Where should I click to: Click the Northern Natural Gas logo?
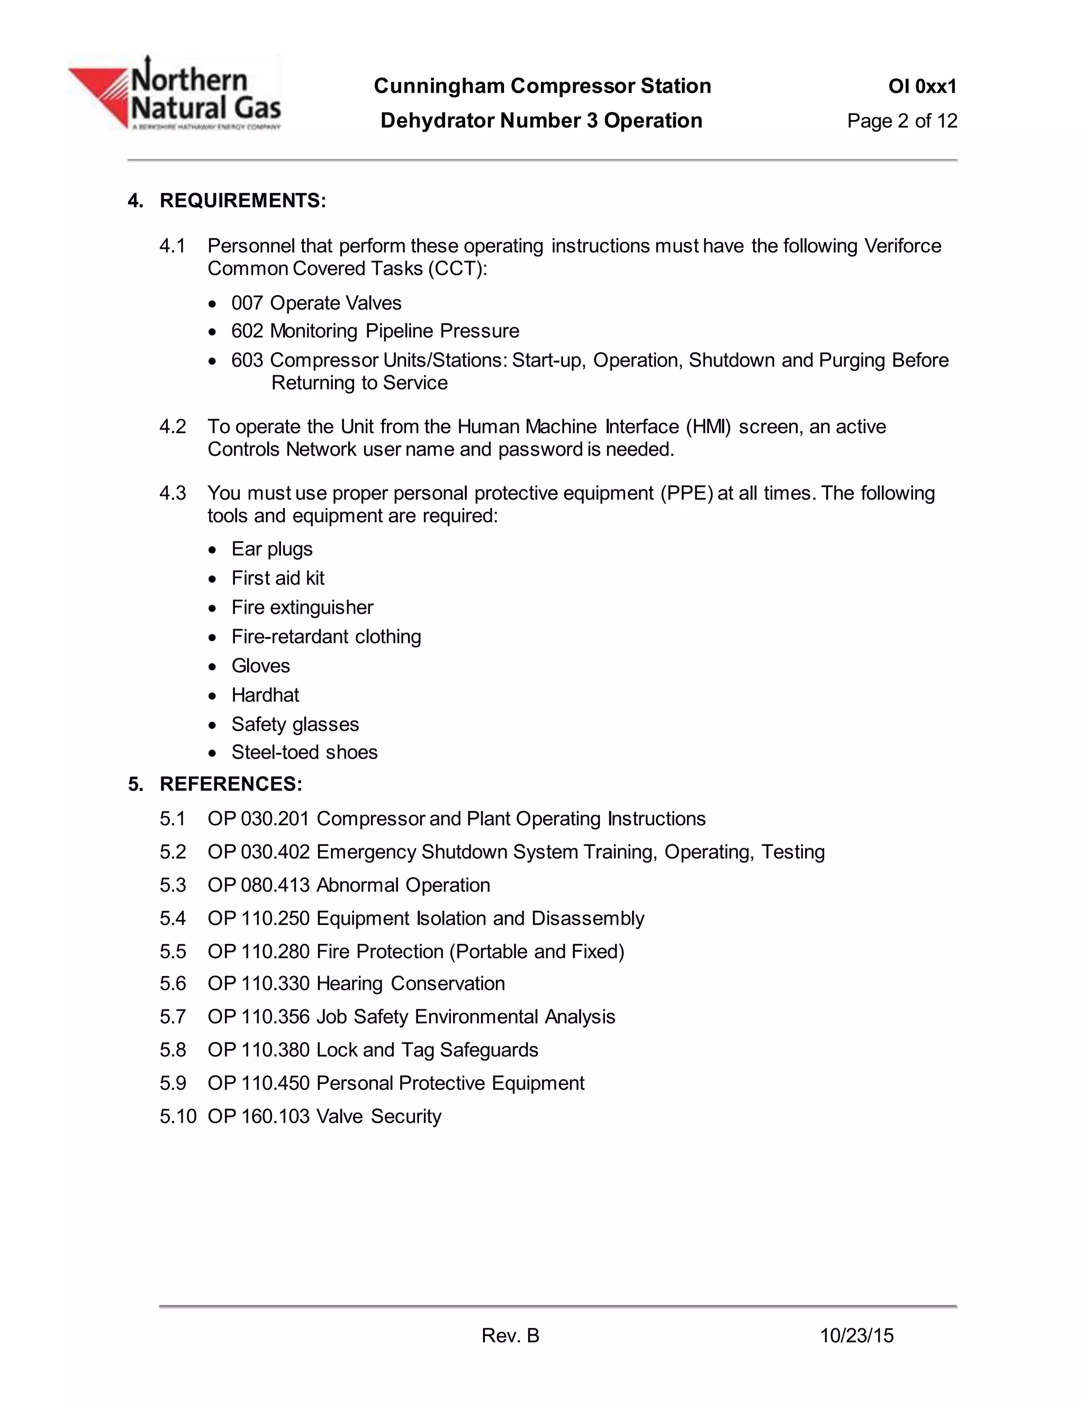[175, 93]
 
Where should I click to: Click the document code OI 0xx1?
[922, 86]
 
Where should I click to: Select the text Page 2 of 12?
[901, 121]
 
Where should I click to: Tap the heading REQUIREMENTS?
[243, 201]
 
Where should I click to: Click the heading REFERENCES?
[231, 784]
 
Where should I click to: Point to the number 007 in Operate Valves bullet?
[247, 303]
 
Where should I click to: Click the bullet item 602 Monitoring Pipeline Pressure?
[375, 331]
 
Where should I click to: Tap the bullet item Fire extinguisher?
[302, 607]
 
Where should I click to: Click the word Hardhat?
[265, 695]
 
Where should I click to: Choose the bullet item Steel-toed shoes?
[304, 752]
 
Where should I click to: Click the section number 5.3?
[173, 885]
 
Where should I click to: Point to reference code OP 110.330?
[258, 984]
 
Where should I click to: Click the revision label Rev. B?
[511, 1336]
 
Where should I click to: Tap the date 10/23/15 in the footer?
[857, 1336]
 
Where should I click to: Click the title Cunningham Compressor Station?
[542, 86]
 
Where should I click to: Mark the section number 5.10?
[178, 1116]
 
